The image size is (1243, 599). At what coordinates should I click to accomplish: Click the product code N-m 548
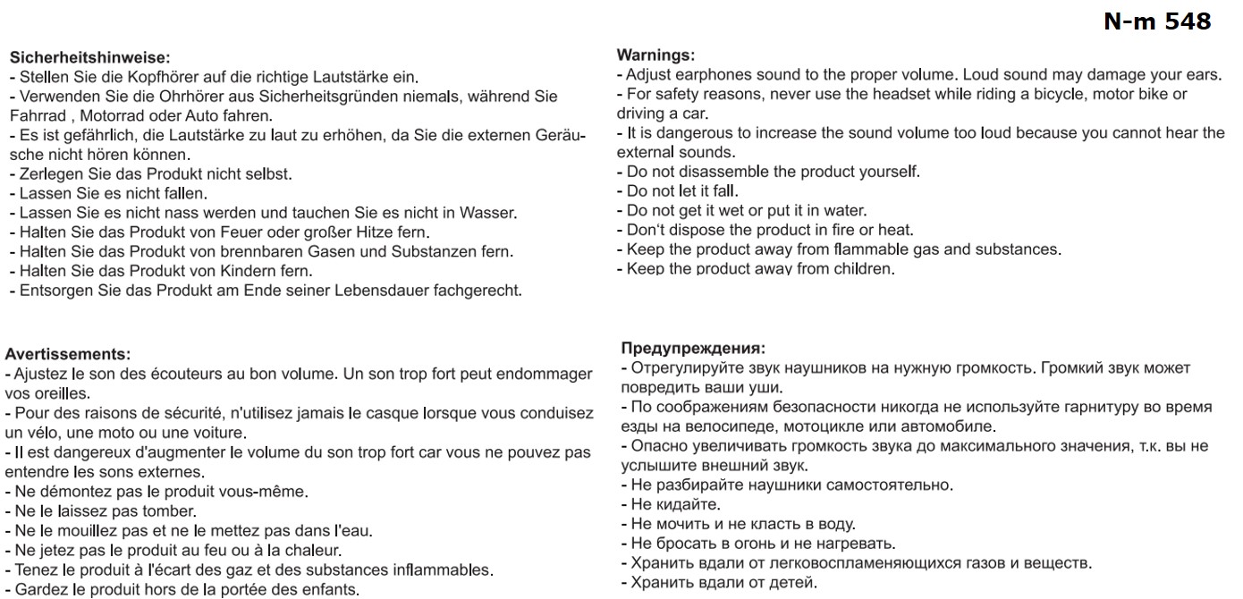pyautogui.click(x=1157, y=21)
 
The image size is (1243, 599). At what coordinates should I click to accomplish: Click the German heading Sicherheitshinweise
pyautogui.click(x=89, y=57)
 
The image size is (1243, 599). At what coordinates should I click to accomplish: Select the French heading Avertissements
pyautogui.click(x=68, y=354)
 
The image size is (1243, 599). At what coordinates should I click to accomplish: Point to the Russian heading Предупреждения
pyautogui.click(x=693, y=348)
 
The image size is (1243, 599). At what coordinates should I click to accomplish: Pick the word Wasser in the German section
pyautogui.click(x=490, y=213)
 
